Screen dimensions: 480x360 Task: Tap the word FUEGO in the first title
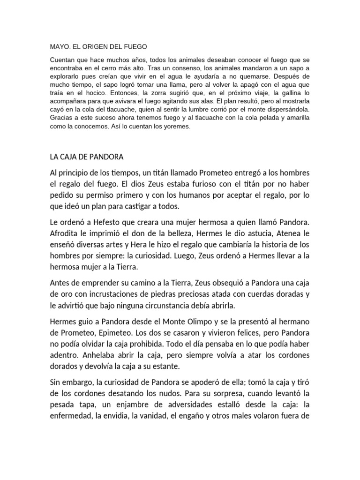coord(134,47)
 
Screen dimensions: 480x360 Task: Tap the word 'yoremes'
coord(176,127)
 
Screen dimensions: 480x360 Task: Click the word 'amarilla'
coord(294,118)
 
